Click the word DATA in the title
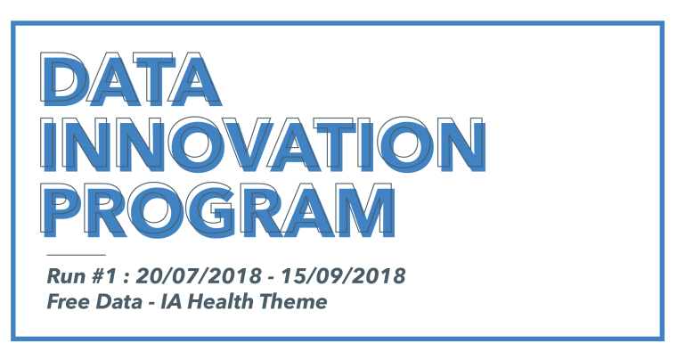click(131, 79)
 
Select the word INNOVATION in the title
click(263, 144)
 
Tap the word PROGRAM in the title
click(217, 209)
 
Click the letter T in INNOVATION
click(336, 144)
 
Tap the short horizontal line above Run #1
click(76, 255)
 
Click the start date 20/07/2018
click(199, 276)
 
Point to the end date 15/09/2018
click(343, 276)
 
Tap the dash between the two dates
click(272, 278)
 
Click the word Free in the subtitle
click(69, 301)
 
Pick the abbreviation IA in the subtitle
click(173, 301)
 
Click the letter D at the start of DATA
click(65, 79)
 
